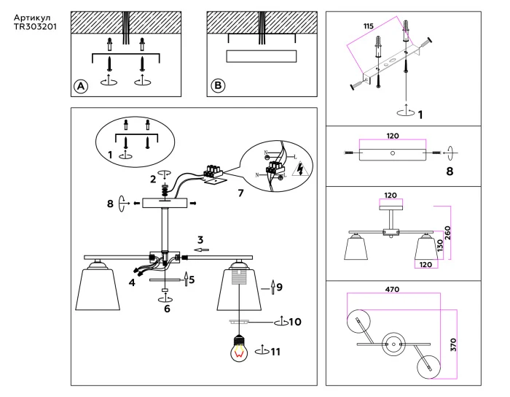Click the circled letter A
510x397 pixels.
[82, 86]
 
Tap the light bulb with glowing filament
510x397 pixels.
[239, 349]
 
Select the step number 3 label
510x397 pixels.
[200, 239]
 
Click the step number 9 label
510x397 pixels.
[279, 287]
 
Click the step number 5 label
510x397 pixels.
[192, 280]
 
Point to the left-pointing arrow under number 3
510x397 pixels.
[201, 250]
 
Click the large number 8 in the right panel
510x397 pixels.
[450, 172]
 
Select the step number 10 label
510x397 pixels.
[294, 321]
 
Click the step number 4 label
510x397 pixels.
[132, 282]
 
